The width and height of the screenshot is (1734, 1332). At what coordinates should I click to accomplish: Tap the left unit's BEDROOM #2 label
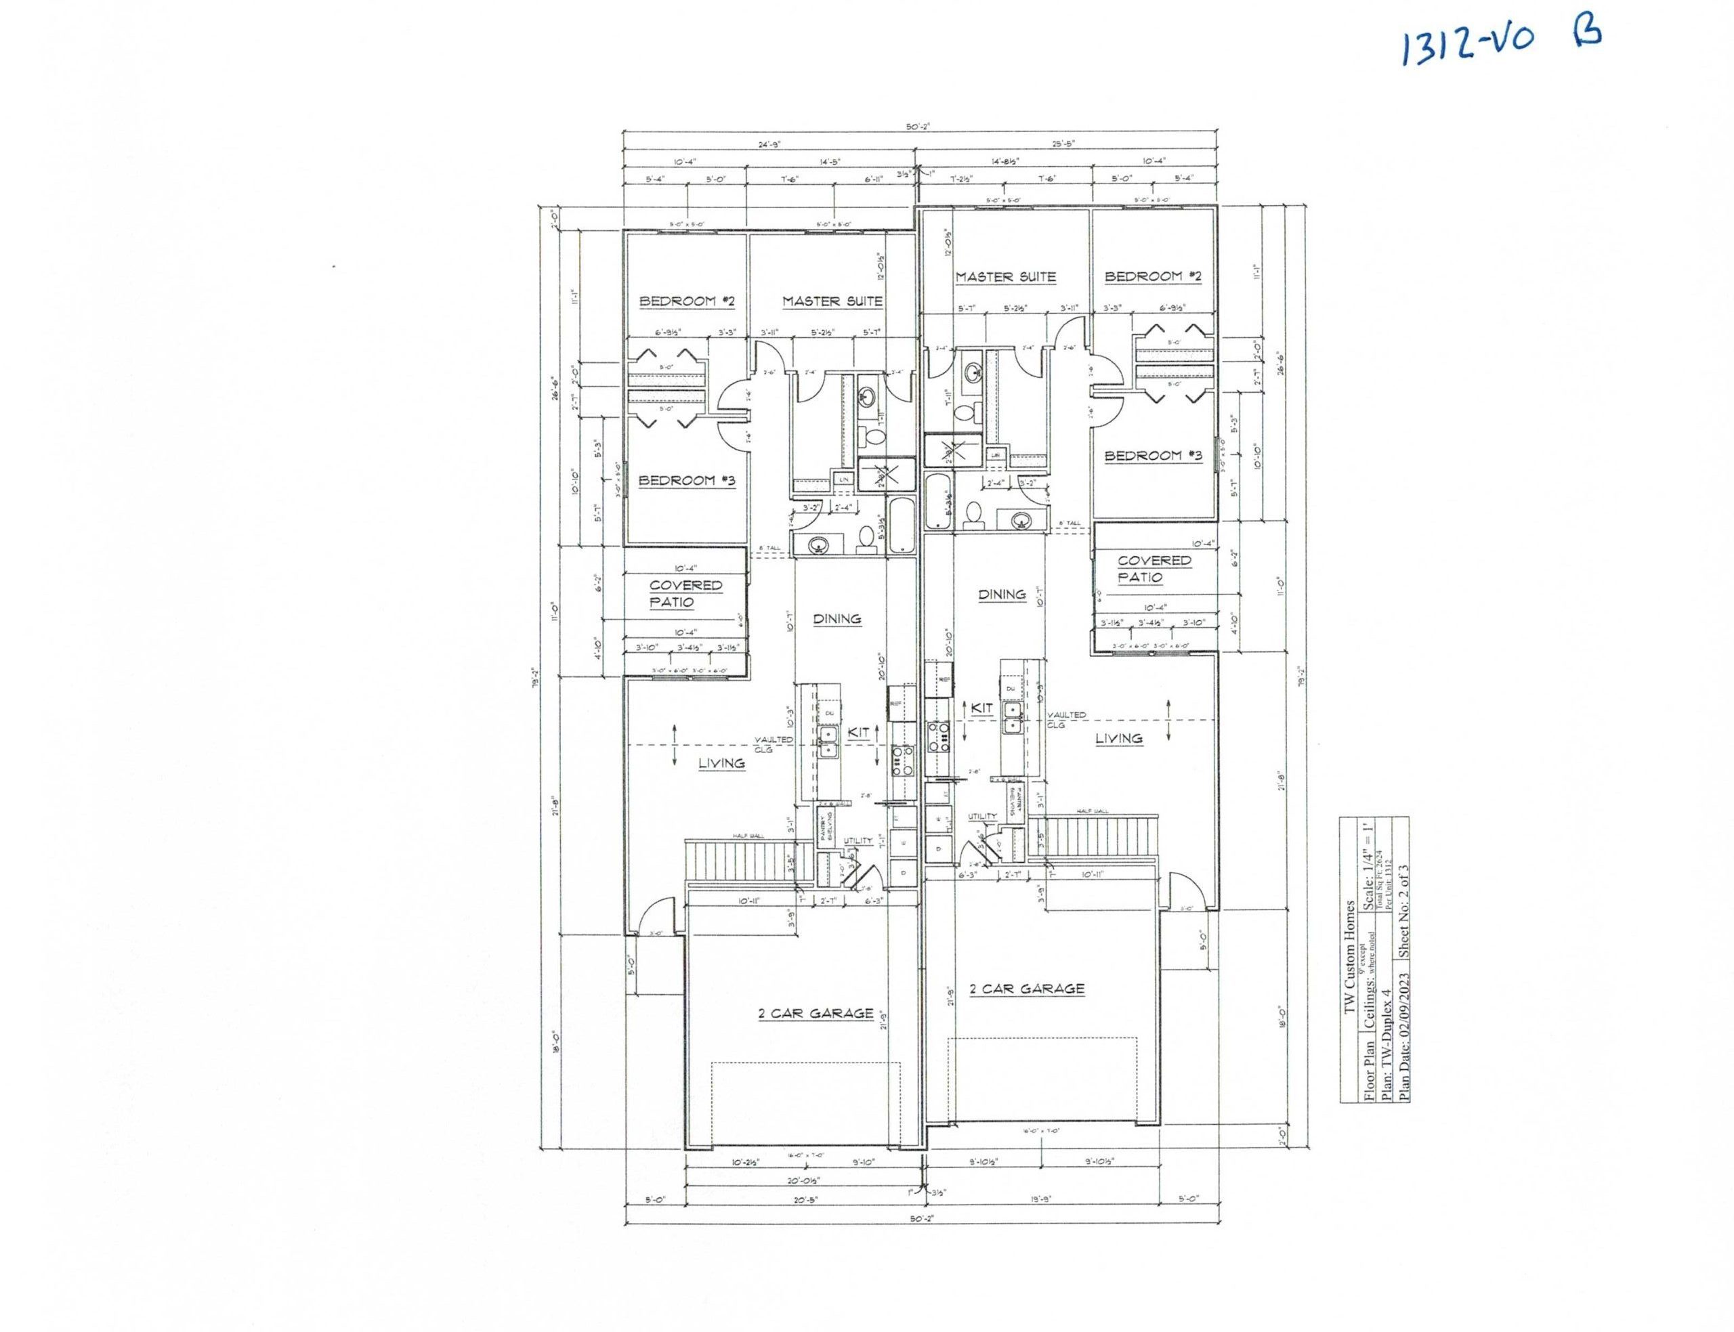pos(688,301)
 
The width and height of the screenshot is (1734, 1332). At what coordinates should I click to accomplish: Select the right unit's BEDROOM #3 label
pos(1153,456)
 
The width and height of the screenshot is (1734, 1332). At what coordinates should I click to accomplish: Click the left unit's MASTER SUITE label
pos(832,301)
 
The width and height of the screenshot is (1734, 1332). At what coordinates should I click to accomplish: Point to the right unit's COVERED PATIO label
pos(1154,568)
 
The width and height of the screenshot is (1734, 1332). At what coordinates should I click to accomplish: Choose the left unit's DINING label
pos(837,619)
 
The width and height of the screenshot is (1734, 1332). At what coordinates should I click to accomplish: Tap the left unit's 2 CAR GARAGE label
pos(816,1014)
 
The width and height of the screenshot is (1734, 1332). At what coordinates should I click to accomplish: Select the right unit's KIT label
pos(981,709)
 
